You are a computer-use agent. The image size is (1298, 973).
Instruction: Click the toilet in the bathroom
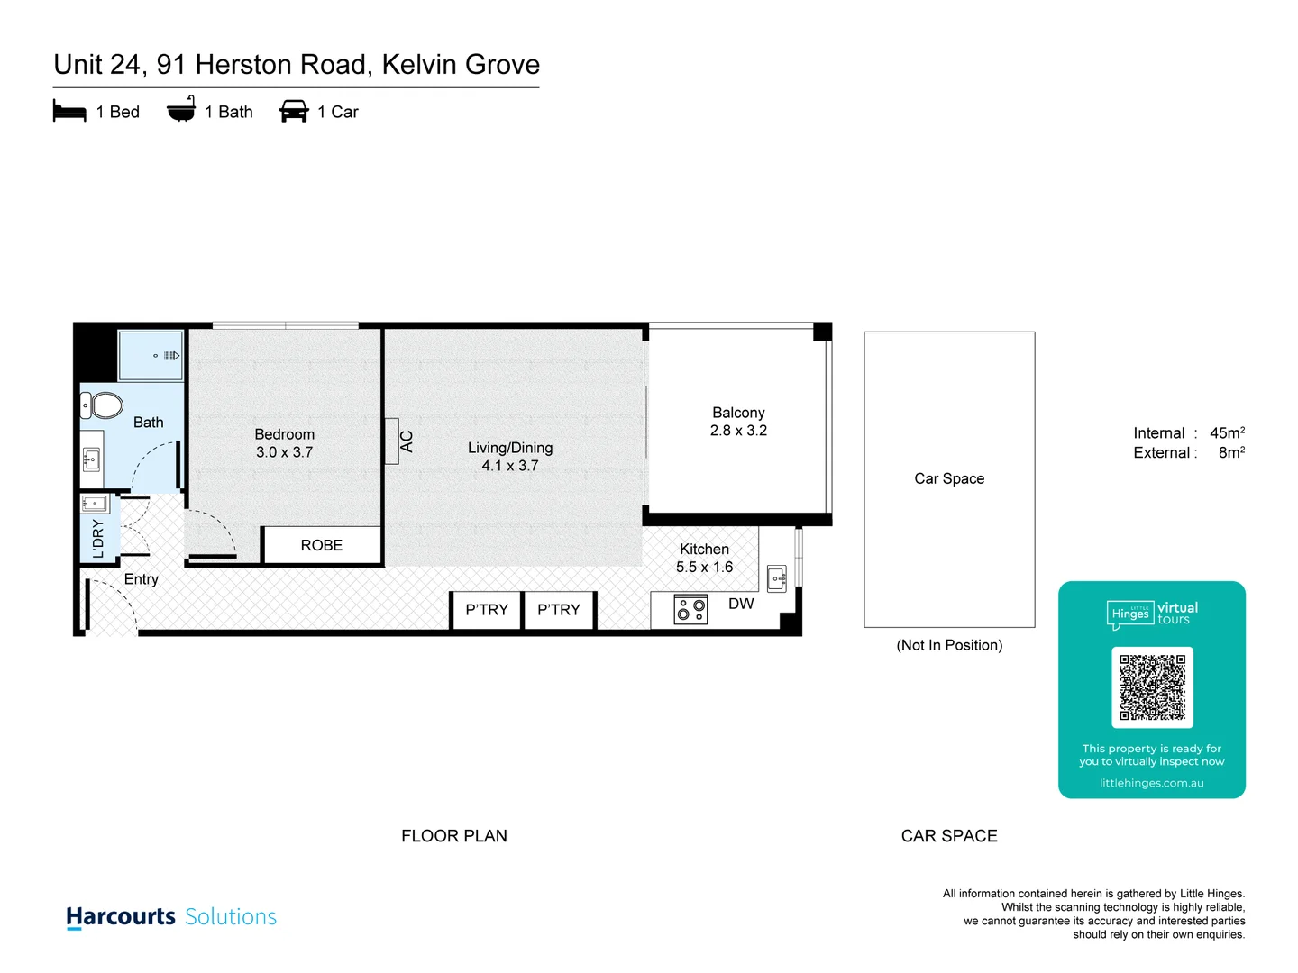click(105, 405)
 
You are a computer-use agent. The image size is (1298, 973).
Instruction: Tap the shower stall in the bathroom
click(151, 356)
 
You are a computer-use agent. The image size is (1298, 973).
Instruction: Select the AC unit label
click(406, 441)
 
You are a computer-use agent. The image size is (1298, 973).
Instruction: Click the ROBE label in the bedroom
click(322, 545)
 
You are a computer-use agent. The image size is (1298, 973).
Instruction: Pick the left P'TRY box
click(487, 610)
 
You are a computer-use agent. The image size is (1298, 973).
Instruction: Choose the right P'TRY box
click(559, 610)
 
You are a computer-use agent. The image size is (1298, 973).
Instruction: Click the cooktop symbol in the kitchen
click(690, 610)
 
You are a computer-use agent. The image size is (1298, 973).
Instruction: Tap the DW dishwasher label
click(741, 604)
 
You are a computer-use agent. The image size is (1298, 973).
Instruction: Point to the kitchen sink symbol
click(776, 577)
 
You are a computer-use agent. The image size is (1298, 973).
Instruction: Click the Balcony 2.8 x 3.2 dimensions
click(738, 431)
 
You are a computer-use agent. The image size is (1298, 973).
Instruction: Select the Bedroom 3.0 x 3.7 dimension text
click(284, 452)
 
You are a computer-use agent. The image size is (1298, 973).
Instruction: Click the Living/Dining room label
click(510, 448)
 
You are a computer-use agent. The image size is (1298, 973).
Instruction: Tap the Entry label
click(142, 579)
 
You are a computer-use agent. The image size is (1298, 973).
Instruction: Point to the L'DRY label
click(98, 539)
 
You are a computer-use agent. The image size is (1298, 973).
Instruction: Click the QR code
click(1152, 687)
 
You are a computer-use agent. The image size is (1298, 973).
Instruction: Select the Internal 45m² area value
click(1227, 433)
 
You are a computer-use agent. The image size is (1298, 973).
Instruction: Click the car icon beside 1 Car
click(294, 112)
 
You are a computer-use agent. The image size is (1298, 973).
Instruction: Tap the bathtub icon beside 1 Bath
click(181, 110)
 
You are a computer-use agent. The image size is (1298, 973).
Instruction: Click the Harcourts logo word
click(121, 916)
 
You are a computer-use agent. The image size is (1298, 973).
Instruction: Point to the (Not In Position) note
click(949, 645)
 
